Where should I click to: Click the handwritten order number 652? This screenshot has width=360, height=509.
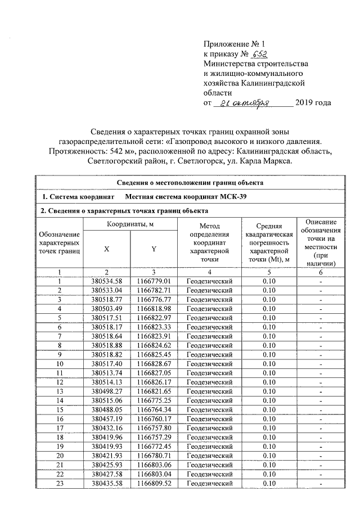point(258,55)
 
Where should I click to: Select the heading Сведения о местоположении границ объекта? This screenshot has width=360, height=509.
point(191,182)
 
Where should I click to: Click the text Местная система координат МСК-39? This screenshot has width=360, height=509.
point(186,196)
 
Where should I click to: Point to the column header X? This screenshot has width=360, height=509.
point(106,249)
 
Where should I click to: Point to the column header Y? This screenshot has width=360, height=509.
point(154,249)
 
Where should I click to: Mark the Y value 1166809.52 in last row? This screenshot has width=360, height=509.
point(154,483)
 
